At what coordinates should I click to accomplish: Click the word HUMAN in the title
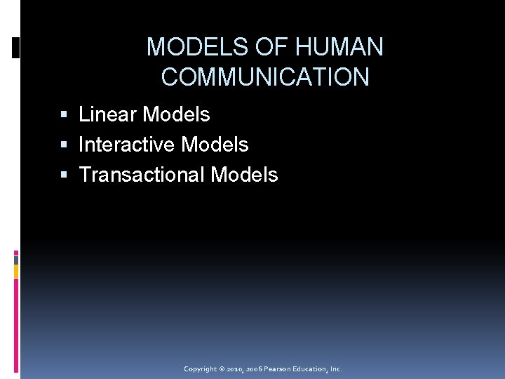[x=339, y=48]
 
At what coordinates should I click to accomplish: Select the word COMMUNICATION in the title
[x=265, y=77]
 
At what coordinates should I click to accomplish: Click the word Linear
[x=107, y=114]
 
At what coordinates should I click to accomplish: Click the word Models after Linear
[x=176, y=114]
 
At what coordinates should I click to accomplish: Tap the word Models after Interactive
[x=215, y=145]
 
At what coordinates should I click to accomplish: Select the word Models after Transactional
[x=244, y=175]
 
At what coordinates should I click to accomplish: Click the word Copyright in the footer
[x=201, y=369]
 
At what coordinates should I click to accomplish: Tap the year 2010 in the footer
[x=236, y=369]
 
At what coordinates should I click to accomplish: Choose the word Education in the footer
[x=313, y=369]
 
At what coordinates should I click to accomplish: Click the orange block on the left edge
[x=16, y=271]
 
